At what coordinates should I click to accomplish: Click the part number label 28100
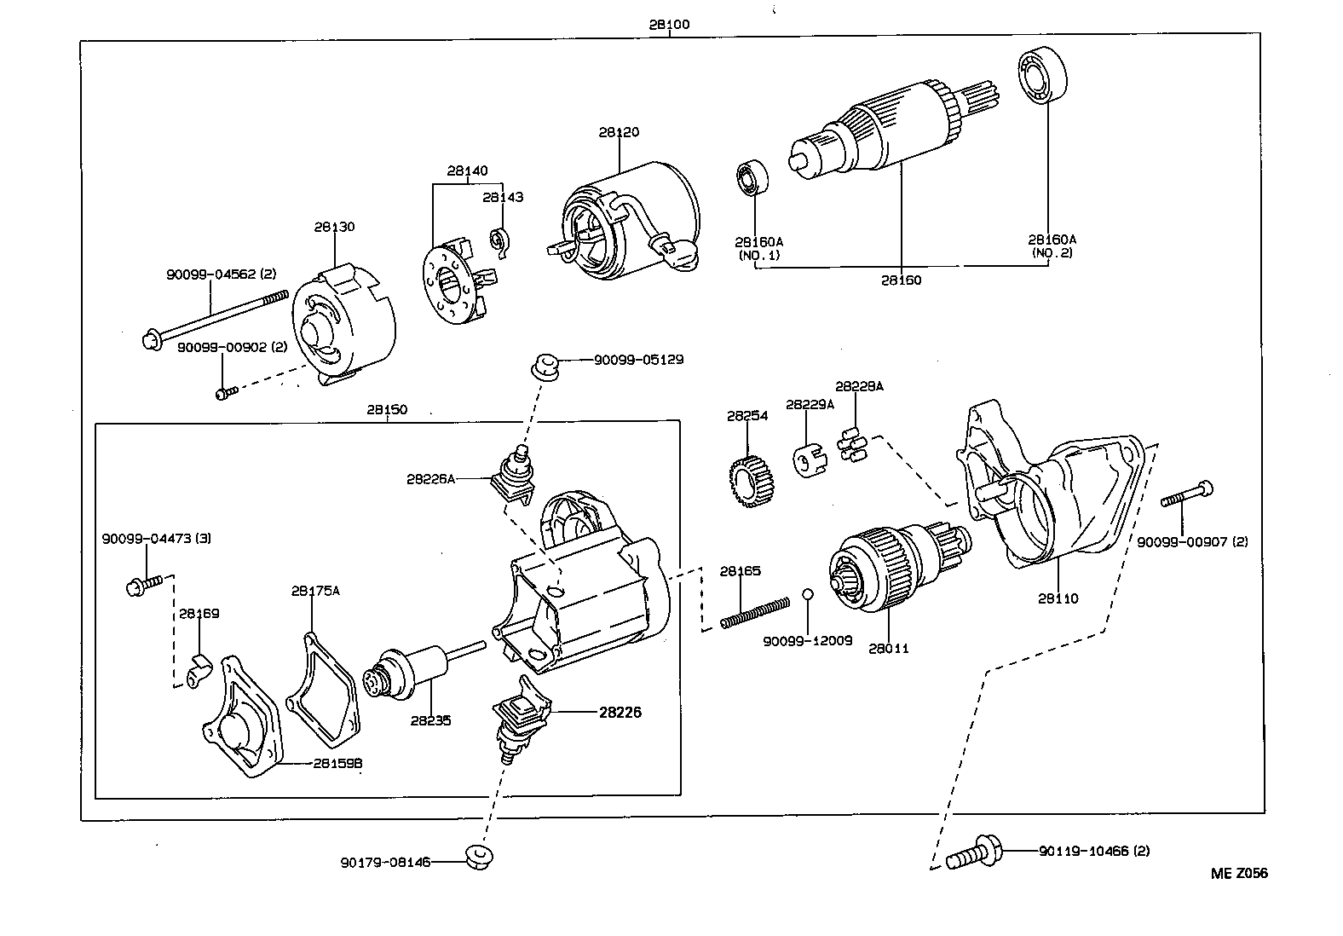point(669,25)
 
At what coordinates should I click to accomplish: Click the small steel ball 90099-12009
point(809,594)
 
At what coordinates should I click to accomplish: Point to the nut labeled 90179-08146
point(480,857)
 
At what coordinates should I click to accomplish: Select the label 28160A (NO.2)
point(1052,246)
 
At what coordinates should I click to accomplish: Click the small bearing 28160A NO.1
point(752,176)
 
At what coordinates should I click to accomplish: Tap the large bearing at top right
point(1044,77)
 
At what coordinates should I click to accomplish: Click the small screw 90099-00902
point(226,393)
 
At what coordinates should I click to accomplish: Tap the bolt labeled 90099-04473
point(142,586)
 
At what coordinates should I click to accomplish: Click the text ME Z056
point(1239,873)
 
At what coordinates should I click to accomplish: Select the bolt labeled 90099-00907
point(1187,495)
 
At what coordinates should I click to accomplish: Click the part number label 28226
point(620,712)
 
